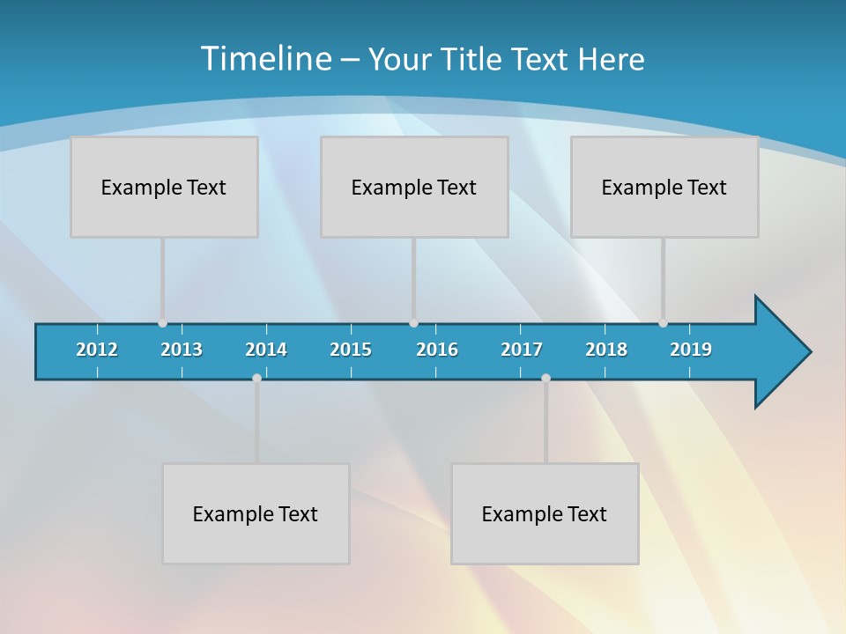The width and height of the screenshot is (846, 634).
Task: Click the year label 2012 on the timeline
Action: [x=97, y=350]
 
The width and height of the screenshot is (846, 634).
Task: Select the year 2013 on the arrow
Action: [x=182, y=350]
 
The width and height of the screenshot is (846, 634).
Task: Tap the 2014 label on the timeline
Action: [x=266, y=350]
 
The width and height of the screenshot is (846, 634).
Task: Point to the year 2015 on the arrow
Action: [x=351, y=350]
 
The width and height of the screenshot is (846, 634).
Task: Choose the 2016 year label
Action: [x=437, y=350]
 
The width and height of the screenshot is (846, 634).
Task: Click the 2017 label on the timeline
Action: [x=522, y=350]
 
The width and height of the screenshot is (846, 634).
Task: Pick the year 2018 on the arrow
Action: [x=606, y=350]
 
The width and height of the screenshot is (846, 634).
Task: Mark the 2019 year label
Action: [x=691, y=350]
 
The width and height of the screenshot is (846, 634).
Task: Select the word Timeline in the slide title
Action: [x=265, y=59]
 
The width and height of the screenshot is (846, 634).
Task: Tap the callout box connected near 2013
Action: [x=164, y=187]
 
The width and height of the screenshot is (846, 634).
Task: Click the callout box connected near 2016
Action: [x=414, y=187]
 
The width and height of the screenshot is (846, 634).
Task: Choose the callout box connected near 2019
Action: [x=664, y=187]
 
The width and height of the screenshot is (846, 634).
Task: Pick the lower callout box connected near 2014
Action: [x=256, y=513]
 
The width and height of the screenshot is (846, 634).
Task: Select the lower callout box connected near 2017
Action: [x=545, y=513]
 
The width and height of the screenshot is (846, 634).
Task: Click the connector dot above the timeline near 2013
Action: [x=162, y=323]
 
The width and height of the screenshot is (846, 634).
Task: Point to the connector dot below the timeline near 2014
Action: [x=256, y=378]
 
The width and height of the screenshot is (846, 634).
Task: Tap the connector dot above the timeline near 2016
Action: [x=413, y=323]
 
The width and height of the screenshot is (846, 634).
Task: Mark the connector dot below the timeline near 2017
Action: [x=545, y=378]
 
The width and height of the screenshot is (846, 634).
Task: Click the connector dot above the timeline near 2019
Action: [x=663, y=323]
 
